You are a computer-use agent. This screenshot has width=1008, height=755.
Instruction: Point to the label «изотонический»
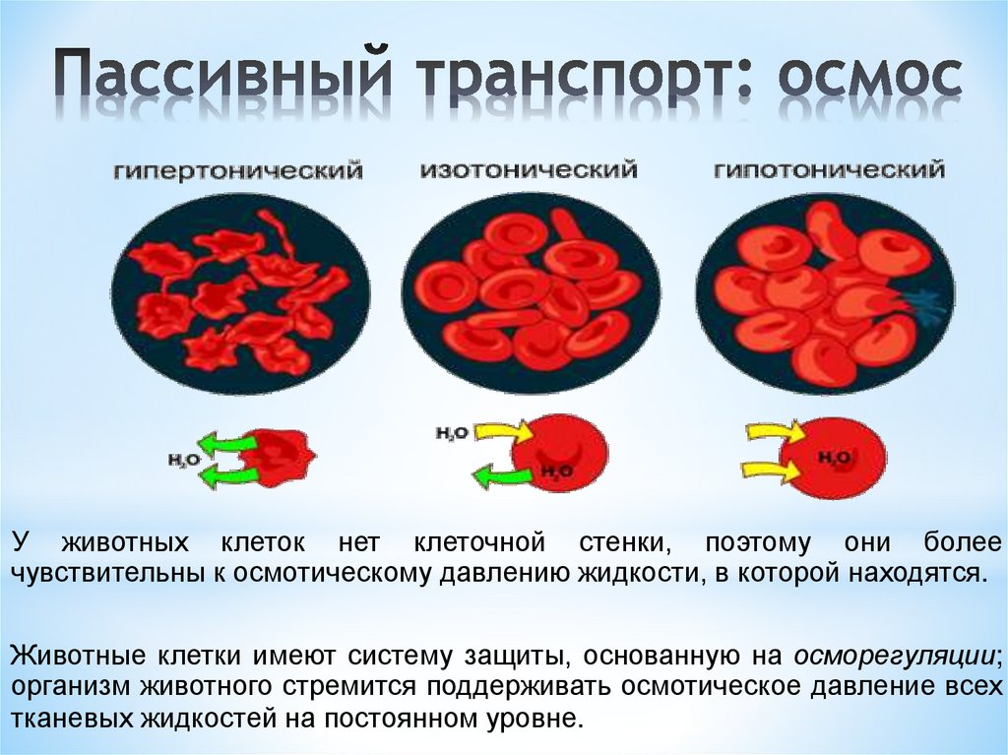(x=528, y=170)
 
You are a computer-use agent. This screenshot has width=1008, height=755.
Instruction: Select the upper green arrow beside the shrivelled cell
(x=224, y=442)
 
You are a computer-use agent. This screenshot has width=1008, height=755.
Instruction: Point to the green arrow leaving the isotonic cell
(x=502, y=476)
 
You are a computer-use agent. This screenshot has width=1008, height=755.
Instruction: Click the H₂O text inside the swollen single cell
(x=835, y=458)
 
